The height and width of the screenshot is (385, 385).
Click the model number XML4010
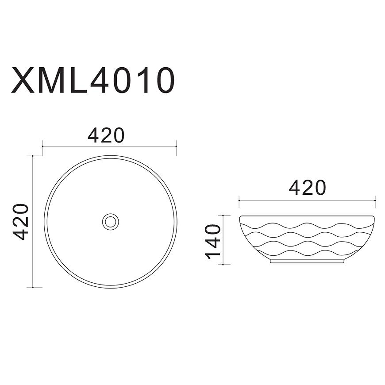tap(92, 80)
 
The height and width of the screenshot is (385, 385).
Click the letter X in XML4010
tap(23, 80)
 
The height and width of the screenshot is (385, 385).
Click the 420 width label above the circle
tap(106, 135)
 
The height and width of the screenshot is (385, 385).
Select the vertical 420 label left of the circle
tap(21, 222)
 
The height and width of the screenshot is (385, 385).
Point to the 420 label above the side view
tap(308, 188)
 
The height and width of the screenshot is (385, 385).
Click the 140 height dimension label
tap(212, 242)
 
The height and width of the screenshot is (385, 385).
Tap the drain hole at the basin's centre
tap(111, 222)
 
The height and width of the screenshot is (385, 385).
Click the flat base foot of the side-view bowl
tap(307, 261)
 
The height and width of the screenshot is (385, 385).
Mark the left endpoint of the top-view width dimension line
tap(43, 146)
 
